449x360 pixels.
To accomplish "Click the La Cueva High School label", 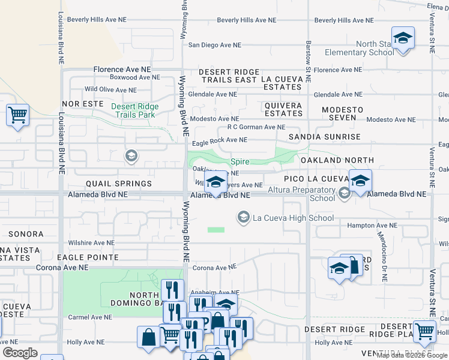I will (x=293, y=218).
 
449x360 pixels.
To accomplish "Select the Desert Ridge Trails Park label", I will (x=135, y=110).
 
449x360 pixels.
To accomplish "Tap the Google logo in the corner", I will (x=20, y=353).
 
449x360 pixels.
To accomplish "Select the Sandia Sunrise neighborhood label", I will (x=324, y=137).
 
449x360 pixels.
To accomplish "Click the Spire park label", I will (x=240, y=161).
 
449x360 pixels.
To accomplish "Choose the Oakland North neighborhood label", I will (x=337, y=160).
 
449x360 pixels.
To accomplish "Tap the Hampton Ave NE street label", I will (x=373, y=226).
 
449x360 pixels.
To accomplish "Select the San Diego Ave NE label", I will (x=214, y=45).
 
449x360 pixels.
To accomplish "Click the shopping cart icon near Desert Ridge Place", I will (x=424, y=331).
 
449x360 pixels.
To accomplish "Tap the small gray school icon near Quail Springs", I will (x=130, y=157).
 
